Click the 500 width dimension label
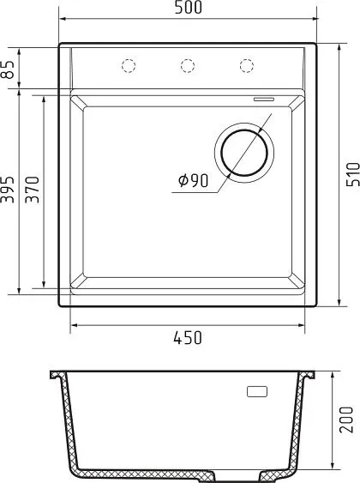click(x=189, y=8)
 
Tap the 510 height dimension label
click(x=353, y=174)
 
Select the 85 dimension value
click(x=9, y=69)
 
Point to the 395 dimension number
click(x=8, y=190)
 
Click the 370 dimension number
click(x=33, y=190)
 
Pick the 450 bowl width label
click(x=188, y=338)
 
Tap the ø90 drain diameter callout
click(x=193, y=180)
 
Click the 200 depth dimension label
click(x=346, y=420)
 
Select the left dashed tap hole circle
click(x=129, y=65)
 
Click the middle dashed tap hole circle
click(x=188, y=65)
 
